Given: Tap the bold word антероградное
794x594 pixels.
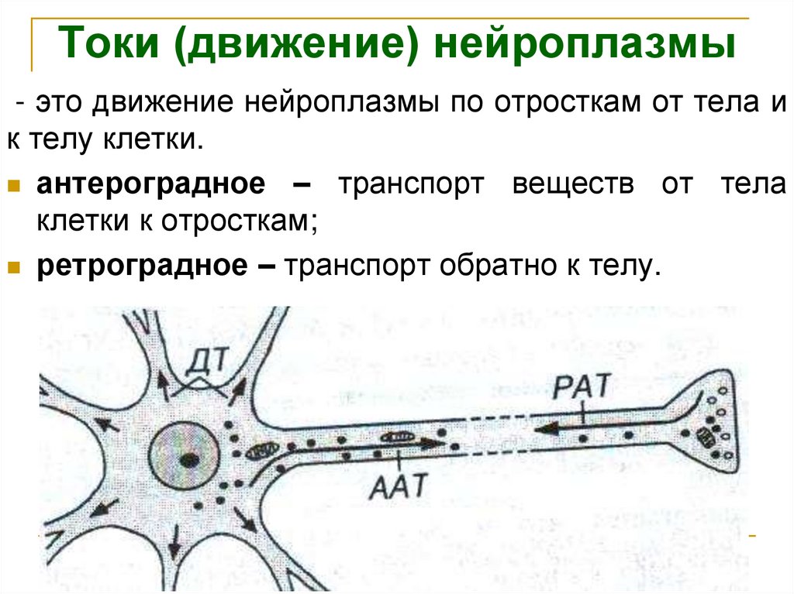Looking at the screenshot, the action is [x=147, y=185].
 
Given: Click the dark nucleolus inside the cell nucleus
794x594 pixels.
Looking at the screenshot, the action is [x=187, y=459].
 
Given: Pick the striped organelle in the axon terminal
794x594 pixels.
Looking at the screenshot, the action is [x=706, y=436].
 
